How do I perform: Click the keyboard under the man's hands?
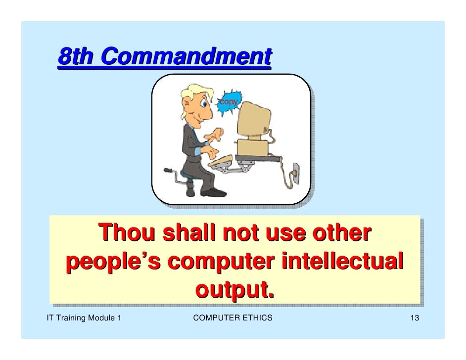[x=222, y=161]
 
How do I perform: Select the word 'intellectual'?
[x=341, y=261]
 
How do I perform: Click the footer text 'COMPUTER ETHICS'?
[x=233, y=317]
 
